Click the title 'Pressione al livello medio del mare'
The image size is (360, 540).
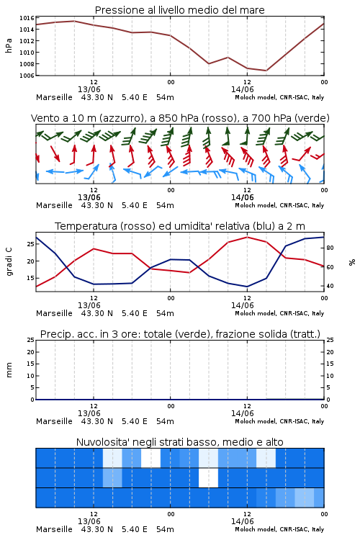pyautogui.click(x=179, y=10)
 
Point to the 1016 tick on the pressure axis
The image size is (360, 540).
pyautogui.click(x=27, y=18)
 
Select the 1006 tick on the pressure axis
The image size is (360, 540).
pyautogui.click(x=27, y=76)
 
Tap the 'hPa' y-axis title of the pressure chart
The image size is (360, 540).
pyautogui.click(x=9, y=46)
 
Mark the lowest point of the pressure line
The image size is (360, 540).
pyautogui.click(x=266, y=71)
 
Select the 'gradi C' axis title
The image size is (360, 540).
pyautogui.click(x=9, y=262)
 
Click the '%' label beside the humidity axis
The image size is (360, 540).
pyautogui.click(x=352, y=262)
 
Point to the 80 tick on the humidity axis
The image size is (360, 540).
pyautogui.click(x=330, y=248)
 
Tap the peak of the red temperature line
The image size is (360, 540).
pyautogui.click(x=247, y=237)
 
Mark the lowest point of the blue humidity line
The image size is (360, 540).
pyautogui.click(x=247, y=287)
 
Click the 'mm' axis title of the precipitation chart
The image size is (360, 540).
pyautogui.click(x=9, y=370)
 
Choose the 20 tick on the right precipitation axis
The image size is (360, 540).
pyautogui.click(x=330, y=352)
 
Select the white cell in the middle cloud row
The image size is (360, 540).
pyautogui.click(x=208, y=477)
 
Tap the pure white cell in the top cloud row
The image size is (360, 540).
pyautogui.click(x=151, y=458)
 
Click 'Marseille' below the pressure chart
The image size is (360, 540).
pyautogui.click(x=54, y=97)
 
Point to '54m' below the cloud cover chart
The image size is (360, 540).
pyautogui.click(x=165, y=529)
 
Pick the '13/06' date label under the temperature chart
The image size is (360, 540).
pyautogui.click(x=89, y=305)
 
